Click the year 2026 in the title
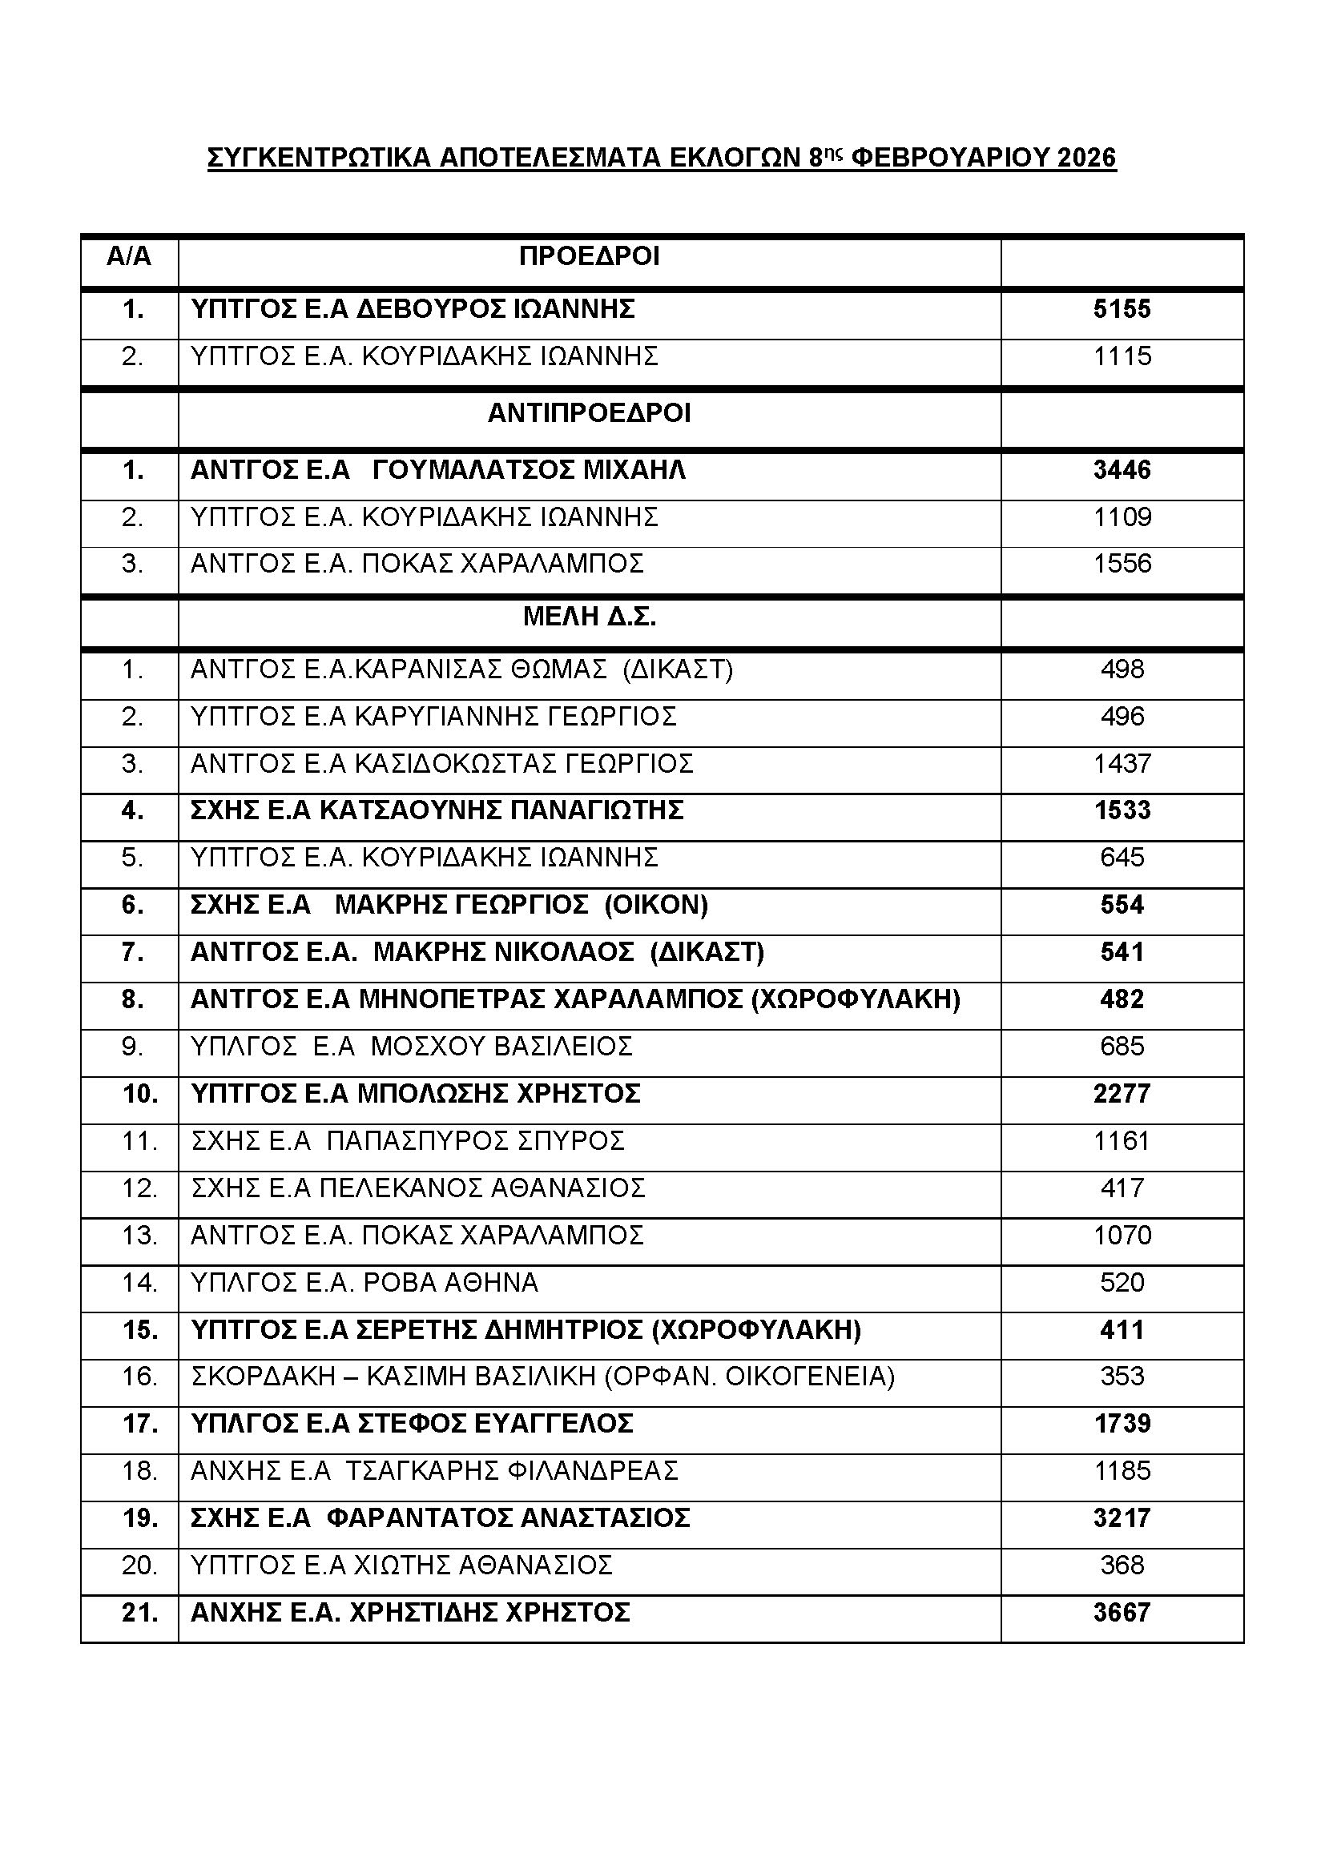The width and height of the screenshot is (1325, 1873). tap(1086, 158)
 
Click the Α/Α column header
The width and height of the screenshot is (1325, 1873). tap(129, 256)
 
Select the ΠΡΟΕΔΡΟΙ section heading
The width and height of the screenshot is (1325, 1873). tap(589, 256)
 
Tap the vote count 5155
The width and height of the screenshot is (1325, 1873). tap(1122, 309)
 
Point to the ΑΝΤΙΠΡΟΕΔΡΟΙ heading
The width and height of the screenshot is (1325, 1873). tap(589, 413)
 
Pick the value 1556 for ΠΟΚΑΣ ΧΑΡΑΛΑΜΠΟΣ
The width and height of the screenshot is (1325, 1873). tap(1122, 564)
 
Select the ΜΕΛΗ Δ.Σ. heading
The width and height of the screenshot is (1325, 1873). tap(589, 617)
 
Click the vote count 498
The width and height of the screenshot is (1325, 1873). tap(1122, 669)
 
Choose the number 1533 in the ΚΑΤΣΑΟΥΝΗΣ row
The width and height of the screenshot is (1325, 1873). tap(1122, 810)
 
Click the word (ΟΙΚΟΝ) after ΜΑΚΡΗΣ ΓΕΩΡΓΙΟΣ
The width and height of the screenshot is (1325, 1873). tap(656, 905)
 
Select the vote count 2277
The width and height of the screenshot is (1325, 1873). tap(1122, 1093)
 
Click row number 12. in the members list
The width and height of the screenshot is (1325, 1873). tap(139, 1188)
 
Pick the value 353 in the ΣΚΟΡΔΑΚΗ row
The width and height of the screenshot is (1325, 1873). tap(1122, 1377)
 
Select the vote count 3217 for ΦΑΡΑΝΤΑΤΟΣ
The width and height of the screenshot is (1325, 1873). tap(1122, 1518)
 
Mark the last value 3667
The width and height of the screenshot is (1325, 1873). tap(1122, 1613)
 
